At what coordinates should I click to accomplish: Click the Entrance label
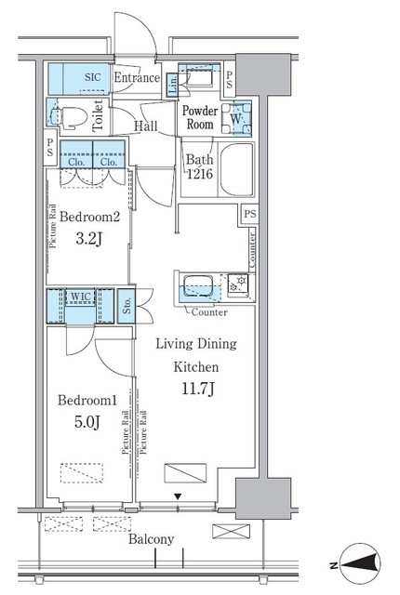pos(137,78)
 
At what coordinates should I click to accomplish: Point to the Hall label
pos(144,126)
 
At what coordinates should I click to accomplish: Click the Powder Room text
pos(199,116)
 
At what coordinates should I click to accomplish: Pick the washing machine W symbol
pos(237,118)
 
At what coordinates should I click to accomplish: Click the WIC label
pos(80,297)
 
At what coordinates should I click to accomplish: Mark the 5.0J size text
pos(85,423)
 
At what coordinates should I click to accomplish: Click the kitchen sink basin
pos(198,284)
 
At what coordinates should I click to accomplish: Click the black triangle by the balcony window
pos(179,497)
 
